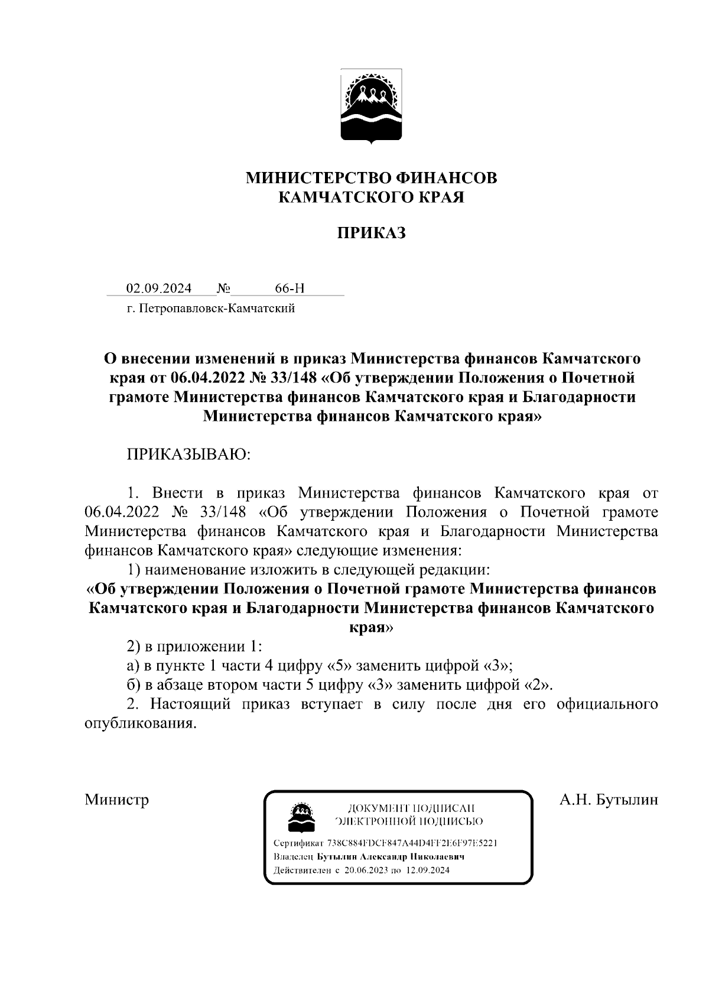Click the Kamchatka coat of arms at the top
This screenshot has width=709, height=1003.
371,106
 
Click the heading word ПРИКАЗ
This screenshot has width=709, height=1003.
371,233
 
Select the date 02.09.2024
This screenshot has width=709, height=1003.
159,288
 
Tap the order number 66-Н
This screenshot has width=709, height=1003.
290,288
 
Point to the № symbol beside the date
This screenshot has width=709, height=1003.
223,288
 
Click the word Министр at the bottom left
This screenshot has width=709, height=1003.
117,800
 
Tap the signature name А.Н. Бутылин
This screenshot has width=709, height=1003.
609,800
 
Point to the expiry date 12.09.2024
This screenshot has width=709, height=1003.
428,870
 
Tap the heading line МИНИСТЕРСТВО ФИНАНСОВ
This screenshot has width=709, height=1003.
371,177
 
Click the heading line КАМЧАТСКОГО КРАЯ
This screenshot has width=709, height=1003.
371,197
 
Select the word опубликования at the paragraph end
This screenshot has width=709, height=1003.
139,723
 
